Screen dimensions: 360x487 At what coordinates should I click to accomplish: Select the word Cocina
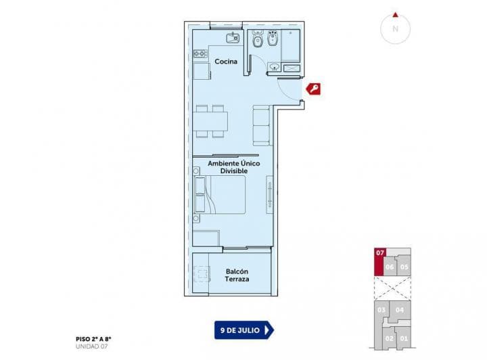(226, 62)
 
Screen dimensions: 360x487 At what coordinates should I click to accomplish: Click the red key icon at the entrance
(314, 89)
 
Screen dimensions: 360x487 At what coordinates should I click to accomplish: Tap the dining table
(210, 120)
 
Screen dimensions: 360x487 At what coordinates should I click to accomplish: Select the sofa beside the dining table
(261, 125)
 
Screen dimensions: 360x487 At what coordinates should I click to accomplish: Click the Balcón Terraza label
(237, 275)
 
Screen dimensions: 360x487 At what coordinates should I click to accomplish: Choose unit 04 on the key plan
(400, 310)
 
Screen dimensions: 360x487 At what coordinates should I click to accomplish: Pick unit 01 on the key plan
(404, 338)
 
